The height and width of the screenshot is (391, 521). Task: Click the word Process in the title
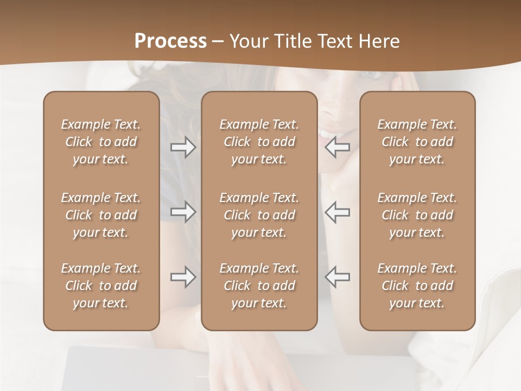point(170,41)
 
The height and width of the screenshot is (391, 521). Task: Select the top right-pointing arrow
point(183,147)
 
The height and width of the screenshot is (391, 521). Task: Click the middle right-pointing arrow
point(183,212)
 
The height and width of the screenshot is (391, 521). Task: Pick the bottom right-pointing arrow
point(183,277)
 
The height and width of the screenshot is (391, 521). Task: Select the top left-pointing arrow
point(338,147)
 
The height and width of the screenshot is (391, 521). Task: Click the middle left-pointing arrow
point(338,212)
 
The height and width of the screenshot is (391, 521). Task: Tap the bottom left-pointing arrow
point(338,277)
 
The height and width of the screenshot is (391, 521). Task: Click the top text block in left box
point(101,142)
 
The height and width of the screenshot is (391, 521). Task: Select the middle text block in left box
point(101,215)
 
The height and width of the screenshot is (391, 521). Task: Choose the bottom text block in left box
point(101,286)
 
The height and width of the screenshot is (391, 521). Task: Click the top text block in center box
point(259,142)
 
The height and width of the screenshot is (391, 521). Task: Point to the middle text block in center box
point(259,215)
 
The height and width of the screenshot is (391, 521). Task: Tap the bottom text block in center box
point(259,286)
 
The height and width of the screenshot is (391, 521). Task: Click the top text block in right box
point(417,142)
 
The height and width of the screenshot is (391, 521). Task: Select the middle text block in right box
point(417,215)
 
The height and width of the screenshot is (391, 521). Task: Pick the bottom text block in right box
point(417,286)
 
